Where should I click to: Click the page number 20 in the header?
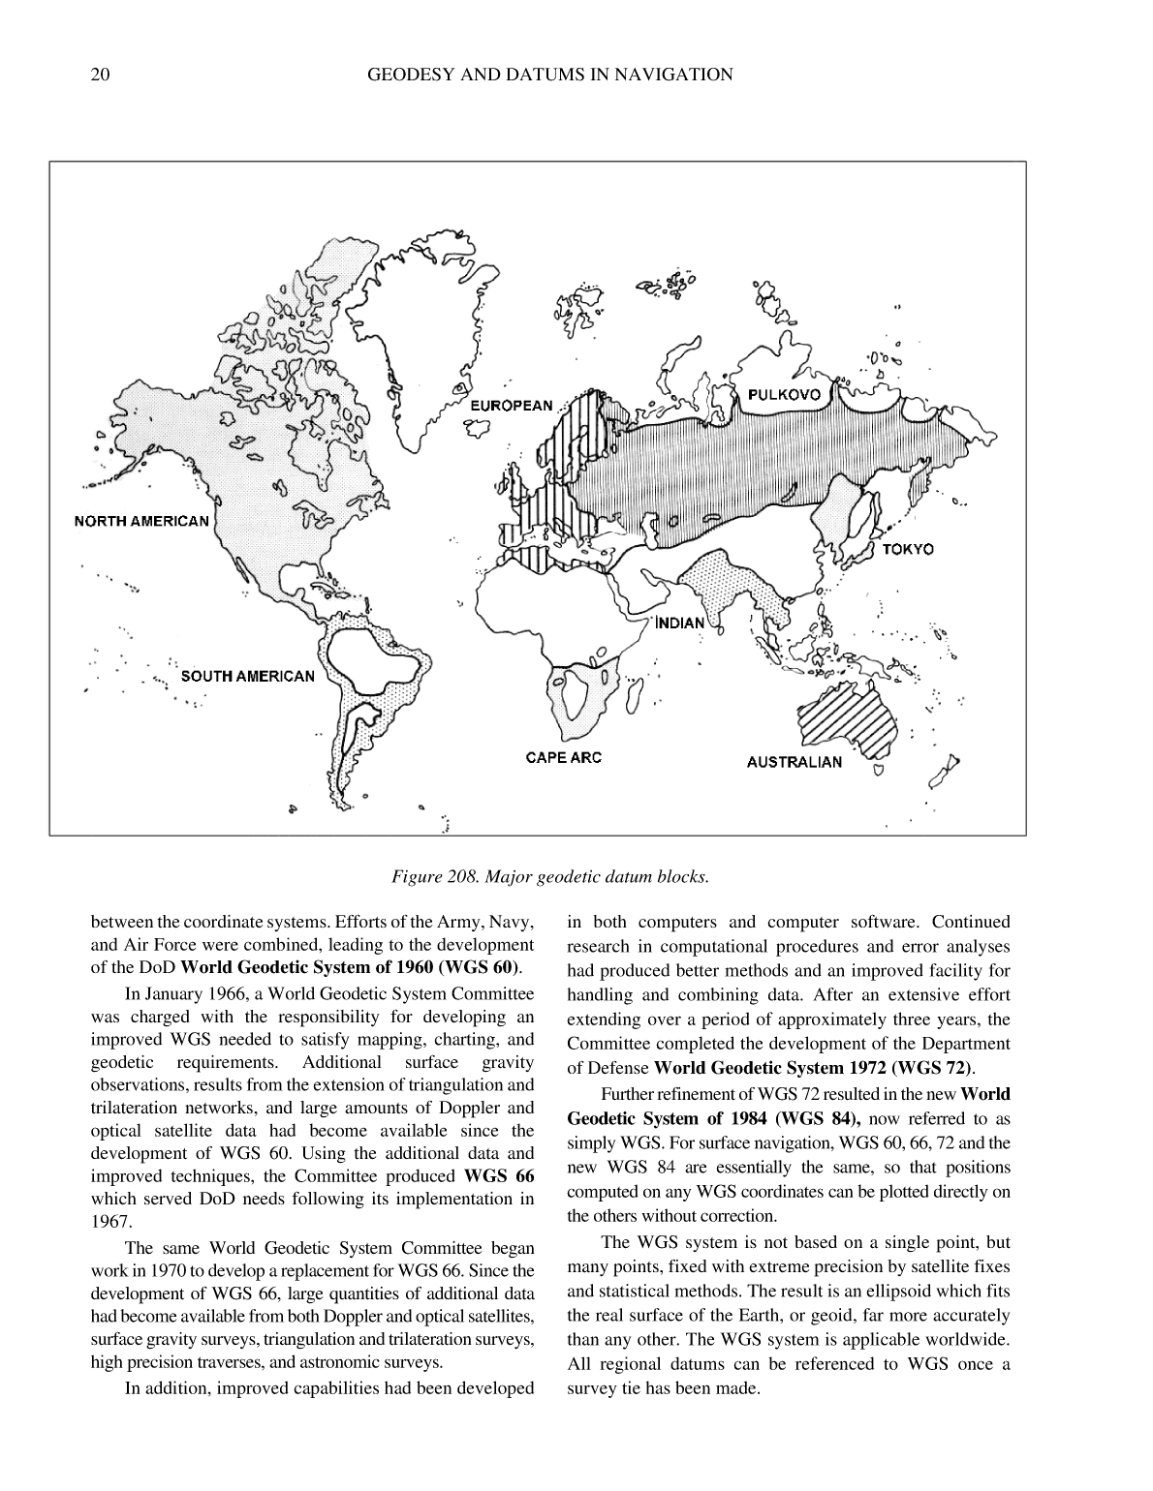tap(99, 75)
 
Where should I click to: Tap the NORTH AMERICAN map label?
tap(141, 521)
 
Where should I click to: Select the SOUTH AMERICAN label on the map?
tap(247, 676)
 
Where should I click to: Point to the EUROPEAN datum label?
tap(511, 406)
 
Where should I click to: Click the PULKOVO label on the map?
tap(784, 394)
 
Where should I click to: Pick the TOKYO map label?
tap(908, 549)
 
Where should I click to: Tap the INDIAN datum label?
tap(680, 623)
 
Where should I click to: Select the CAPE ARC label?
tap(563, 757)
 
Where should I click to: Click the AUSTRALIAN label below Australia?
tap(794, 762)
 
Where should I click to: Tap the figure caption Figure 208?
tap(549, 877)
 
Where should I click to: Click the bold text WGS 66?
tap(499, 1176)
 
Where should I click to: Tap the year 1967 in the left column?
tap(109, 1222)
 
